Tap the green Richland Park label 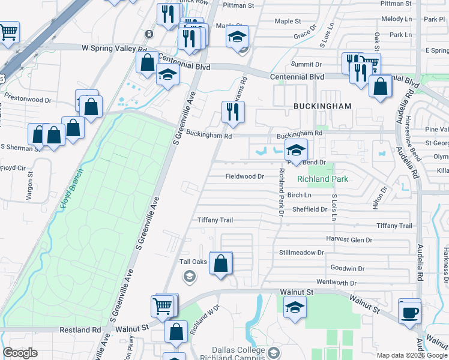[322, 179]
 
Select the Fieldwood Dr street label [244, 176]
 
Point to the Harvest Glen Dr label [349, 239]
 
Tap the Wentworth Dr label [336, 282]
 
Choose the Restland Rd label [80, 329]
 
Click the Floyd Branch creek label [71, 188]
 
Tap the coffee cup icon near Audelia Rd [411, 311]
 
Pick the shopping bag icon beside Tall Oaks [221, 262]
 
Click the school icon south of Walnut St [294, 308]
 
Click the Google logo [20, 353]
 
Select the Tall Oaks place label [193, 262]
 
